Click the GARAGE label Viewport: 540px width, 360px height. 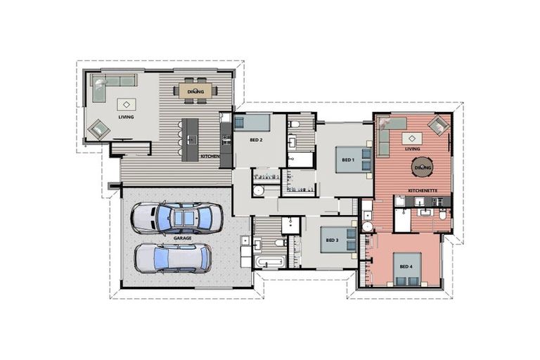(x=183, y=238)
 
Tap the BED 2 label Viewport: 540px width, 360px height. (x=256, y=140)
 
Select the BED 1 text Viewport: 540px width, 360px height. (x=348, y=160)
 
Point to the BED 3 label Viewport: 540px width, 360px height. (x=332, y=240)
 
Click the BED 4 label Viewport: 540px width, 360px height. (x=406, y=266)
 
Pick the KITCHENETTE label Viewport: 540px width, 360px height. (x=423, y=191)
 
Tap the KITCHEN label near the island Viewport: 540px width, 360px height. (x=210, y=156)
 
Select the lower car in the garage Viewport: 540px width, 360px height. (x=173, y=258)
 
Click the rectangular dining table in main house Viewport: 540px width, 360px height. (x=195, y=91)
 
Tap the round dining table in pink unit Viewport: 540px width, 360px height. (x=423, y=167)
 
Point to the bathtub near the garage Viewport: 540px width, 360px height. (x=270, y=262)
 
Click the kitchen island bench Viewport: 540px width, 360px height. (x=191, y=139)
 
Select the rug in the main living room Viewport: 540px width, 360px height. (x=127, y=104)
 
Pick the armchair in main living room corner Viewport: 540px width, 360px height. (x=99, y=129)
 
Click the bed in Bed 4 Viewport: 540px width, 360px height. (x=407, y=269)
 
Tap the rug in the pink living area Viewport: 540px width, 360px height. (x=412, y=139)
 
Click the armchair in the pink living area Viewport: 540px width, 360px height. (x=439, y=125)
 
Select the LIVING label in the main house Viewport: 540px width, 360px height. (x=126, y=117)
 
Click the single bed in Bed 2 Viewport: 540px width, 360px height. (x=252, y=122)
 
